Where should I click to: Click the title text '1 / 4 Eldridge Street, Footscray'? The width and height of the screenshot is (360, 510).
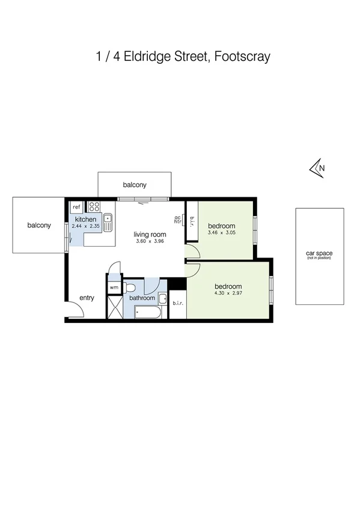(x=183, y=57)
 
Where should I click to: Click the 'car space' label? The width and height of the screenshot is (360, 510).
(x=319, y=254)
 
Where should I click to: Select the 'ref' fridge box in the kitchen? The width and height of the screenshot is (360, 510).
(x=76, y=207)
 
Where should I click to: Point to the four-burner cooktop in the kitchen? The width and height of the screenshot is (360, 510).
(x=94, y=206)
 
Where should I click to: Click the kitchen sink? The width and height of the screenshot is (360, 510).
(x=108, y=223)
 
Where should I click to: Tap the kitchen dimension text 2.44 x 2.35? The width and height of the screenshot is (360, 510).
(x=85, y=227)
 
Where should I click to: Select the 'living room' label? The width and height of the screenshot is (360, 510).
(x=149, y=234)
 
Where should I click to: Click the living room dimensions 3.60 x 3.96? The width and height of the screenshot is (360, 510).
(x=149, y=241)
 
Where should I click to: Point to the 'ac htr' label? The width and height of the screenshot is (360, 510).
(x=177, y=220)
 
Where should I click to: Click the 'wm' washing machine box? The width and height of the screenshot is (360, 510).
(x=114, y=287)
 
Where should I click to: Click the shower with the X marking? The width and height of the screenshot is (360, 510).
(x=114, y=308)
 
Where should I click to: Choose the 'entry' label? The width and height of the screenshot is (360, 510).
(x=87, y=298)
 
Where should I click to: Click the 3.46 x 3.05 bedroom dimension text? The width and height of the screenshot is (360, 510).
(x=222, y=233)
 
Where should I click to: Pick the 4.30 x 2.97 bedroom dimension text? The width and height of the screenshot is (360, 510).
(x=228, y=293)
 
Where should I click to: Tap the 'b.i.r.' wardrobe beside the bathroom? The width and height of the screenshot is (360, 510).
(x=177, y=304)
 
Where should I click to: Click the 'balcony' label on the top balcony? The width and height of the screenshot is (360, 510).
(x=135, y=185)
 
